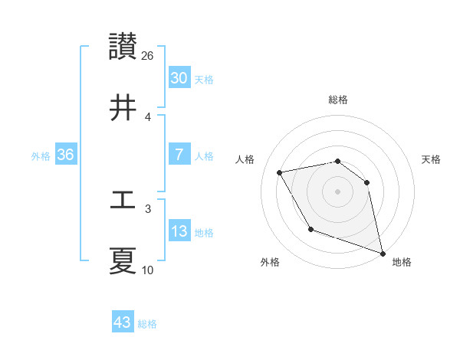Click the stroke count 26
[148, 56]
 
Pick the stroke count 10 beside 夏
[148, 270]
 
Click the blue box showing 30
[179, 78]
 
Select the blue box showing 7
[179, 155]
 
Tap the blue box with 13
[179, 231]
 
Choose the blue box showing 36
[65, 155]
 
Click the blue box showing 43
[122, 322]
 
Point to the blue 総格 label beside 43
[147, 324]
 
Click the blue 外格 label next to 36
[41, 155]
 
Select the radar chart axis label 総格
[338, 100]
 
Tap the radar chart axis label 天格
[432, 159]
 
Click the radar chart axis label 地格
[402, 262]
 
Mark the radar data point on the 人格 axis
[280, 172]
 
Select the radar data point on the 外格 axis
[310, 229]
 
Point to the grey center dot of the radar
[337, 191]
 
